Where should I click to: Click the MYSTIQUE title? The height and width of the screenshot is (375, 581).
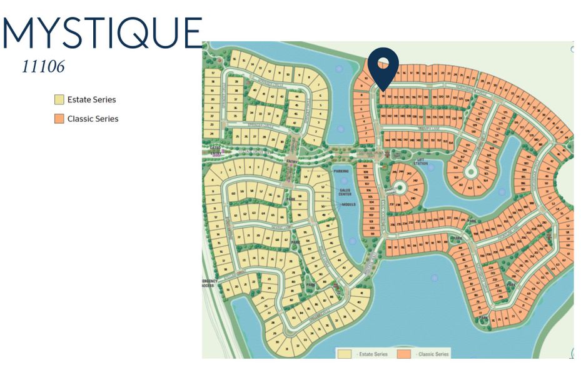[103, 32]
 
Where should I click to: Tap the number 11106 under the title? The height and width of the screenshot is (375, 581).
[43, 67]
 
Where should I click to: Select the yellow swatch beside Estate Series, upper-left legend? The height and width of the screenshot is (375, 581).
[59, 99]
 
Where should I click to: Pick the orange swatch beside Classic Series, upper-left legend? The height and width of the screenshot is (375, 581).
[59, 119]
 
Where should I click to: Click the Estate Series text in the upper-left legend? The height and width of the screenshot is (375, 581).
[92, 99]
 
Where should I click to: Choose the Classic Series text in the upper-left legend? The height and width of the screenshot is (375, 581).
[93, 119]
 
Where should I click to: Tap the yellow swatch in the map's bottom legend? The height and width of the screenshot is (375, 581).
[344, 354]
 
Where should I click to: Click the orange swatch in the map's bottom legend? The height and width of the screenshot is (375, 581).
[405, 354]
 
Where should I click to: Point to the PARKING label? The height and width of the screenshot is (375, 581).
[341, 171]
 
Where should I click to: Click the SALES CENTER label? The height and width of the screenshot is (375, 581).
[345, 192]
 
